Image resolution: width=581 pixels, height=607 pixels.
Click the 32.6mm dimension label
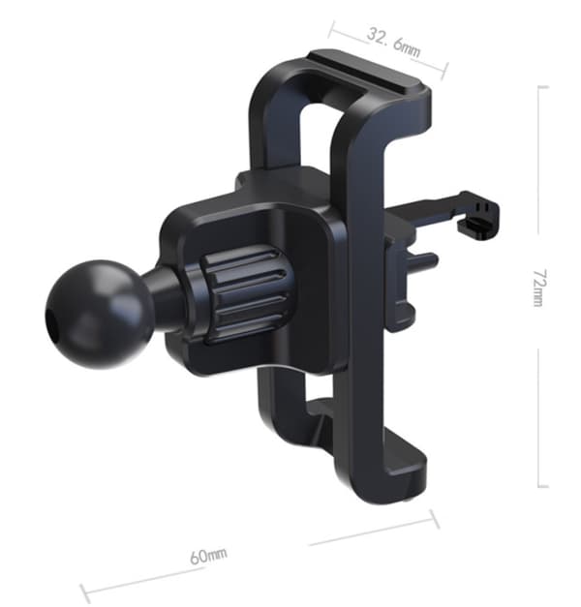(x=393, y=42)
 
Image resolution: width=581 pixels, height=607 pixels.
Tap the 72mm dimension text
(x=539, y=288)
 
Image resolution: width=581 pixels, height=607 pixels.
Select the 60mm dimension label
(x=209, y=556)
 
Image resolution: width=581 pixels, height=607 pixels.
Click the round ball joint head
(x=99, y=314)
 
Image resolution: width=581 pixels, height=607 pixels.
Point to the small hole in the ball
(x=50, y=319)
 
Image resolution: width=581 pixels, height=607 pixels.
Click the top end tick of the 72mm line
(x=543, y=87)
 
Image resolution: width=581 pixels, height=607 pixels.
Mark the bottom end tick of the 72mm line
(x=543, y=486)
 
